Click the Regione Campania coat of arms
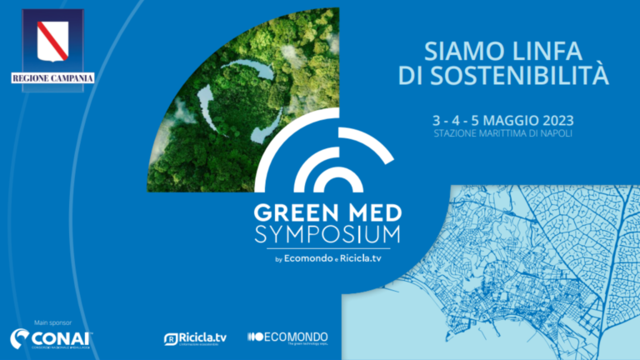point(52,41)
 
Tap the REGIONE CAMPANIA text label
point(52,78)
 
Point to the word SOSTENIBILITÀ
point(541,76)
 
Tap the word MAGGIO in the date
point(503,118)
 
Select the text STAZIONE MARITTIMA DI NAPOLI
point(504,133)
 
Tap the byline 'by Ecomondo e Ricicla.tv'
point(334,258)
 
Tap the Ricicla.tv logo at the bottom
point(195,337)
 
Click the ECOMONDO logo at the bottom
point(287,337)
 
